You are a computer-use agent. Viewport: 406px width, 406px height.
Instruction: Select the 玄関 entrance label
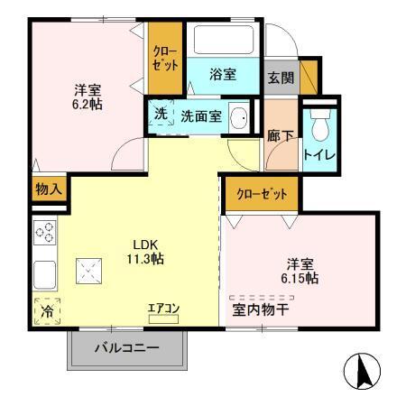[x=279, y=77]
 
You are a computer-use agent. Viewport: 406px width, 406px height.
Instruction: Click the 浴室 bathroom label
[x=223, y=75]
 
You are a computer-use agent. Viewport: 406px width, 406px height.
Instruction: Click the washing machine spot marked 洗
[x=160, y=115]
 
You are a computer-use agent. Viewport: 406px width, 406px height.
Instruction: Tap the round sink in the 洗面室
[x=240, y=117]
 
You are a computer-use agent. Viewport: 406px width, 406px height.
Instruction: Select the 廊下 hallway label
[x=280, y=136]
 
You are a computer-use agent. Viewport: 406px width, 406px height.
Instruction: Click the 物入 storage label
[x=49, y=190]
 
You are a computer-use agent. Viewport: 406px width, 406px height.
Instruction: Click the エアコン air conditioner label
[x=164, y=309]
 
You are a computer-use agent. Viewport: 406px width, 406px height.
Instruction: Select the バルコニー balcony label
[x=127, y=347]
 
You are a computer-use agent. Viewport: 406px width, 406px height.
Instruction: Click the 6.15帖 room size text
[x=299, y=279]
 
